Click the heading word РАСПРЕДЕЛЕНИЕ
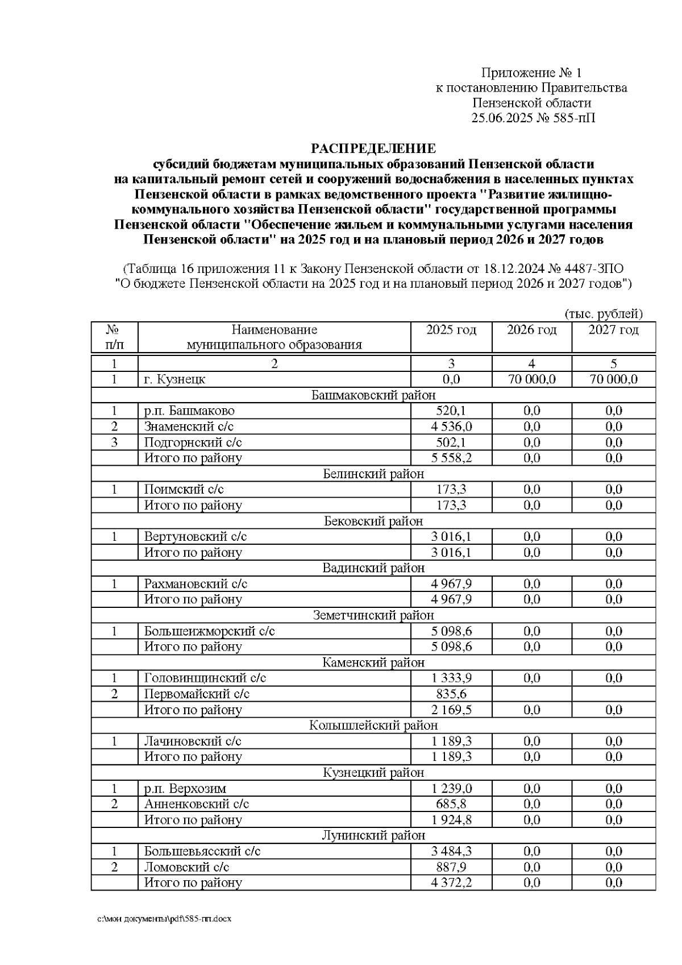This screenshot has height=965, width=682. pos(373,149)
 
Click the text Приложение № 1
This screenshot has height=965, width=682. pos(531,73)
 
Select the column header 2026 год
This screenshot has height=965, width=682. pos(531,330)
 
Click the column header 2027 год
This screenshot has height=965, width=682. pos(613,330)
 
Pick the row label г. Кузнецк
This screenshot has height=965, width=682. pos(174,379)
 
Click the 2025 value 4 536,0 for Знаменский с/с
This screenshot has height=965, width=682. pos(451,426)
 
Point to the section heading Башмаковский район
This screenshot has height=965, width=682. pos(373,395)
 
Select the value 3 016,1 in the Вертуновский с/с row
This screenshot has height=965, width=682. pos(451,537)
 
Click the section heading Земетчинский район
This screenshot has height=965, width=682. pos(373,615)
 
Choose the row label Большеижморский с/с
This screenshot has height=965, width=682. pos(209,631)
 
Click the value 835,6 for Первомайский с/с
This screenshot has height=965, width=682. pos(451,694)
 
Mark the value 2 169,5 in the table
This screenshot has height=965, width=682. pos(451,710)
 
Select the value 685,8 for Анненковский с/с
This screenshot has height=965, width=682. pos(451,804)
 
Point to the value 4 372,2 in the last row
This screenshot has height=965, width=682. pos(451,883)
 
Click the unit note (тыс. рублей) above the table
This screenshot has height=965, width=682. pos(603,314)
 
